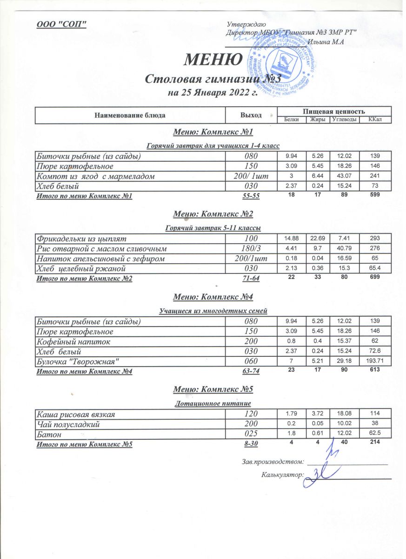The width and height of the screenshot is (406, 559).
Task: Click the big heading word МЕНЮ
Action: [x=213, y=59]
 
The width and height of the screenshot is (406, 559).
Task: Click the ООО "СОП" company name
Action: [x=62, y=24]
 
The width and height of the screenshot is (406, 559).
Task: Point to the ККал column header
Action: [x=375, y=120]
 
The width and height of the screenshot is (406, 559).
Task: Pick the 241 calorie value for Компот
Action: [x=375, y=176]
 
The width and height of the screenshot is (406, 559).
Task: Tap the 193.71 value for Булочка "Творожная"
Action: [x=375, y=361]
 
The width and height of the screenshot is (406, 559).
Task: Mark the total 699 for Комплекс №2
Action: [x=375, y=278]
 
